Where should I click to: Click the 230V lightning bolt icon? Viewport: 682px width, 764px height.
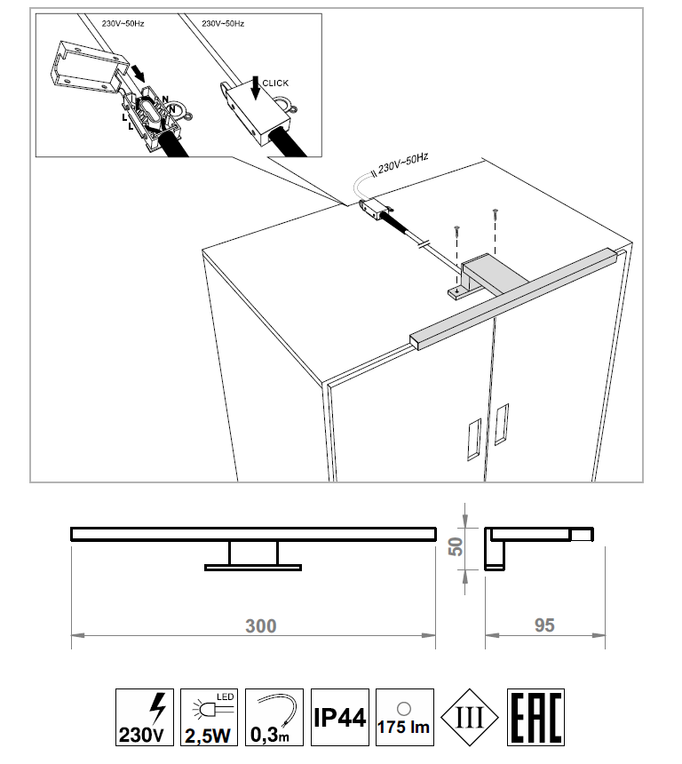(144, 717)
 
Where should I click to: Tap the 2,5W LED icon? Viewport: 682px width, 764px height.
(209, 717)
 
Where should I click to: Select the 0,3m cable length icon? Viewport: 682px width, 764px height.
(274, 717)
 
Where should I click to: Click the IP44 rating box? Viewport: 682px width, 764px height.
(339, 717)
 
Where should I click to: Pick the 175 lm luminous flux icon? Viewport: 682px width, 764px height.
(404, 717)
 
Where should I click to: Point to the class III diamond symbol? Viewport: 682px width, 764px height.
(469, 717)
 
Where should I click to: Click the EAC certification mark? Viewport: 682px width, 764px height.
(535, 717)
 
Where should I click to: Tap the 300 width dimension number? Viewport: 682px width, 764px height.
(260, 626)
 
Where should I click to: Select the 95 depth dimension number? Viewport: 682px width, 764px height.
(544, 625)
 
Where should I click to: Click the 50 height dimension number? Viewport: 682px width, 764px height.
(456, 546)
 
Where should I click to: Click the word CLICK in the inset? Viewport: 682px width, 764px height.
(275, 84)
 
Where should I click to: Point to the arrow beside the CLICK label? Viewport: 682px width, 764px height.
(255, 88)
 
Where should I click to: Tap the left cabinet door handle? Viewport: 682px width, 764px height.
(473, 440)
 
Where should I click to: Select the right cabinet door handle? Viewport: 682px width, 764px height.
(501, 424)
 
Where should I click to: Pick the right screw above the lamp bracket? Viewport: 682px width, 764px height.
(496, 212)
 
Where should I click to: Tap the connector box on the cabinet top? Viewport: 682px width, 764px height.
(374, 210)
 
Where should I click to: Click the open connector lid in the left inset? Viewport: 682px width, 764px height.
(88, 68)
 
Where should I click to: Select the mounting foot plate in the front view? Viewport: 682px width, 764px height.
(253, 567)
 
